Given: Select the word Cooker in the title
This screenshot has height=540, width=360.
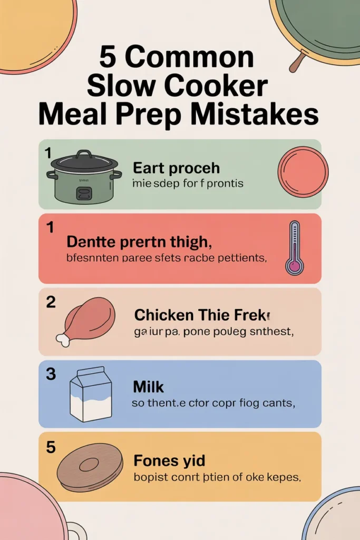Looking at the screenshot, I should (x=222, y=86).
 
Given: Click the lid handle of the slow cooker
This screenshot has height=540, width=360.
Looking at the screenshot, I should (x=84, y=155).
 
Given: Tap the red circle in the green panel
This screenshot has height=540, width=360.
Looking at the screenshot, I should (x=303, y=172).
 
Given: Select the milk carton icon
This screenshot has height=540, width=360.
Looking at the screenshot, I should (x=91, y=394).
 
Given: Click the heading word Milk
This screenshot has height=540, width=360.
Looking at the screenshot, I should (x=148, y=387).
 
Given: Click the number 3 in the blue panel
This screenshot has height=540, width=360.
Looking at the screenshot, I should (x=51, y=374).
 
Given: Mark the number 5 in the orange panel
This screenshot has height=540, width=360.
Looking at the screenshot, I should (x=51, y=447).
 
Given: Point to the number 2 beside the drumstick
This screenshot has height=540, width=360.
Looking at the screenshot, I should (x=51, y=302).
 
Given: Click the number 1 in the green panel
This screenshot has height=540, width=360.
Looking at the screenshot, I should (x=48, y=153).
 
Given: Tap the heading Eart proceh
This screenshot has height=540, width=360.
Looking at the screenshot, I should (x=176, y=169).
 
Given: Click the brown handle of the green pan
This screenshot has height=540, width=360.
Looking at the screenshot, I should (x=297, y=64).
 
